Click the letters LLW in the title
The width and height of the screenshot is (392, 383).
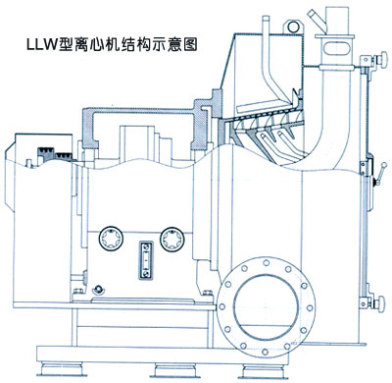(x=41, y=44)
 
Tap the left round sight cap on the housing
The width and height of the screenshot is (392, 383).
(x=111, y=239)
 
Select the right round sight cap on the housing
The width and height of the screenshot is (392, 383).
(x=172, y=239)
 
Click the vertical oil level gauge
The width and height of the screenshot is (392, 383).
(x=146, y=260)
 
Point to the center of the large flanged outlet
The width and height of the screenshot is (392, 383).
(x=267, y=307)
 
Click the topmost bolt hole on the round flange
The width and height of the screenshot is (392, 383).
(x=267, y=262)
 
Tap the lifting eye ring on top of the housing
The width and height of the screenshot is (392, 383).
(x=293, y=27)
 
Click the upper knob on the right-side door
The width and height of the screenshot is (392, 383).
(x=381, y=61)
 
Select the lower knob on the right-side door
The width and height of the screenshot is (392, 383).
(x=380, y=303)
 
